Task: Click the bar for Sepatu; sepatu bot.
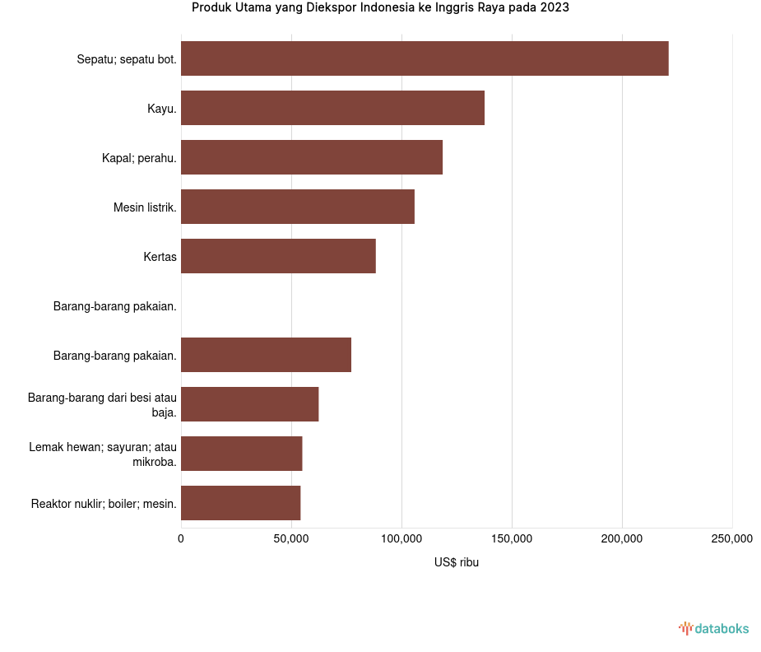tap(425, 58)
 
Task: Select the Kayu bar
tap(332, 108)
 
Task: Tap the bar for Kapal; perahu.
tap(312, 157)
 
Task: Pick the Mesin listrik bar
tap(298, 207)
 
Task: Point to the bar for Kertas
tap(278, 256)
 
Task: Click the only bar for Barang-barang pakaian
tap(266, 355)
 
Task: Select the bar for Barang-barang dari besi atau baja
tap(249, 404)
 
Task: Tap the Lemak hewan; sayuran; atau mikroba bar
tap(241, 454)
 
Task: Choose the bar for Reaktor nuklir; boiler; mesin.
tap(240, 503)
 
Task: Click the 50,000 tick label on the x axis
tap(291, 538)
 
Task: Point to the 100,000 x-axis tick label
tap(401, 538)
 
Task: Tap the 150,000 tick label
tap(512, 538)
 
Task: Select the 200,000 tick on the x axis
tap(622, 538)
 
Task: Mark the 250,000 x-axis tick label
tap(731, 538)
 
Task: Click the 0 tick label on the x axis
tap(181, 538)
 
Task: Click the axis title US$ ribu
tap(457, 562)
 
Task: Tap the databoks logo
tap(714, 629)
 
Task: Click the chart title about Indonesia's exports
tap(380, 8)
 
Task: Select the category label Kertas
tap(160, 257)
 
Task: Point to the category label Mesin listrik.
tap(145, 207)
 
